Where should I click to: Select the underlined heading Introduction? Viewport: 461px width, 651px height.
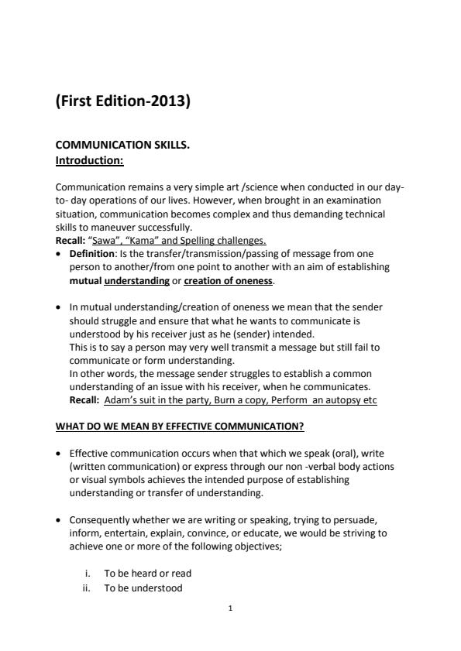(x=90, y=161)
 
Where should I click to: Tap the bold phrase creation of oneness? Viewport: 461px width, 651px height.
(x=228, y=280)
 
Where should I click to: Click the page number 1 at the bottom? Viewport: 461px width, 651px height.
(x=230, y=608)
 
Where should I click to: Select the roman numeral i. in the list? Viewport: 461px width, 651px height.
(x=89, y=574)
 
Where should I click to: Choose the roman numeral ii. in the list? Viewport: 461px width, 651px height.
(x=88, y=588)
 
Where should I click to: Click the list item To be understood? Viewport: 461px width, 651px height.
(x=143, y=588)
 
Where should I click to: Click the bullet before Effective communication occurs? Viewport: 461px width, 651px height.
(x=60, y=454)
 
